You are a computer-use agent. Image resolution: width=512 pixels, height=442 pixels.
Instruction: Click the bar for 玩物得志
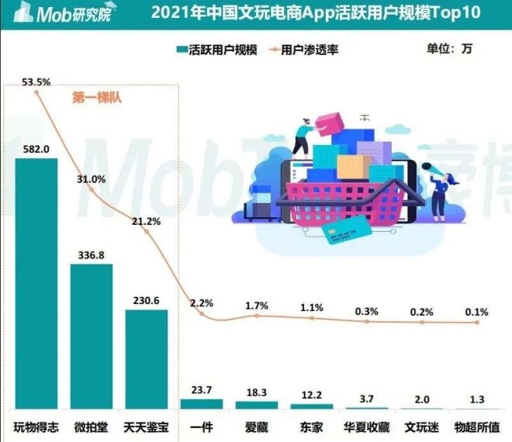click(36, 283)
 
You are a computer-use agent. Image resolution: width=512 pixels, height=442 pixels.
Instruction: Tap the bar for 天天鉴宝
click(147, 359)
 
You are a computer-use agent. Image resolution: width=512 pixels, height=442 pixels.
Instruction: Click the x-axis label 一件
click(202, 426)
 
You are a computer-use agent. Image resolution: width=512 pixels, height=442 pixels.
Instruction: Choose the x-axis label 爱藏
click(257, 426)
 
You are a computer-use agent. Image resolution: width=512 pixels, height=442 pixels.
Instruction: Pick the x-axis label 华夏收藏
click(367, 426)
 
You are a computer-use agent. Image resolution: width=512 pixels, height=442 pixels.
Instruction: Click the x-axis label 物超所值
click(477, 426)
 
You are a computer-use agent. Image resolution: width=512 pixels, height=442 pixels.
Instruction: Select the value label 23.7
click(202, 389)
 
